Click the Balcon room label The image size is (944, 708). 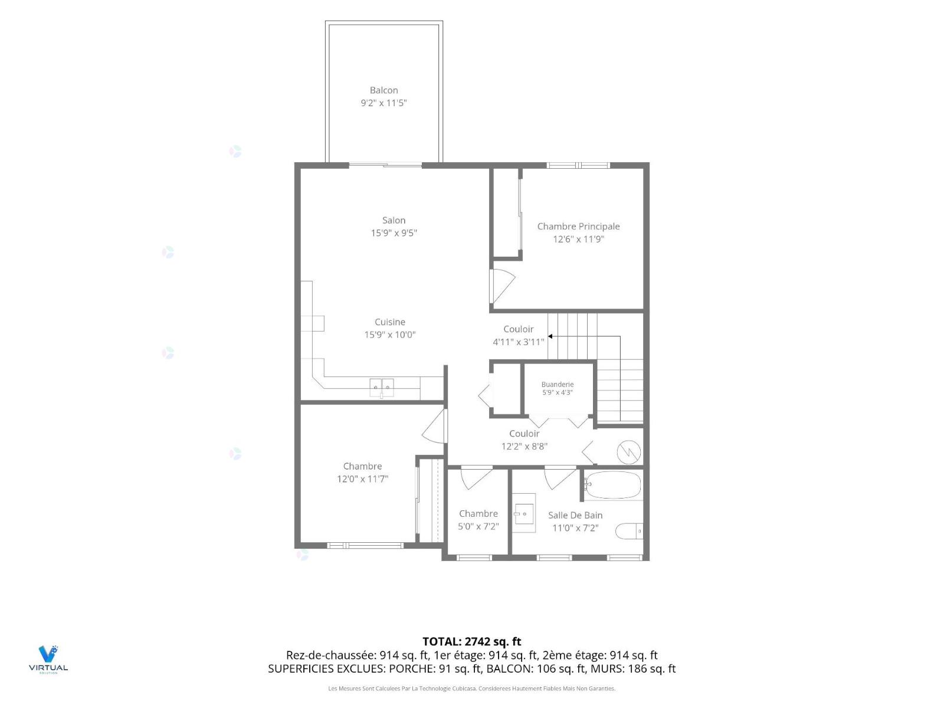pyautogui.click(x=383, y=90)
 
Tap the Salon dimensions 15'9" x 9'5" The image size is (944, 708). pyautogui.click(x=394, y=233)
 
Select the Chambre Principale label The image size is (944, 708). pyautogui.click(x=578, y=227)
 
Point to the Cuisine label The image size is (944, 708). pyautogui.click(x=389, y=322)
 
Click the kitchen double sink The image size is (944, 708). pyautogui.click(x=381, y=387)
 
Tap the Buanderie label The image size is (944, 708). pyautogui.click(x=557, y=384)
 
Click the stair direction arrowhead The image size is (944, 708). pyautogui.click(x=550, y=336)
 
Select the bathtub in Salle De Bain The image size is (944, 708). pyautogui.click(x=612, y=485)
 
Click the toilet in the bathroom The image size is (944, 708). pyautogui.click(x=629, y=532)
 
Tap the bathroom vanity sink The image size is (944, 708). pyautogui.click(x=523, y=513)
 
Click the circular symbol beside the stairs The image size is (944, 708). pyautogui.click(x=628, y=452)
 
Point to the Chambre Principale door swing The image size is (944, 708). pyautogui.click(x=502, y=286)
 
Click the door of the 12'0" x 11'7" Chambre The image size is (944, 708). pyautogui.click(x=435, y=426)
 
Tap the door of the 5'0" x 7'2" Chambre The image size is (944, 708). pyautogui.click(x=476, y=478)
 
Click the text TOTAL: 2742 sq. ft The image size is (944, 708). pyautogui.click(x=472, y=642)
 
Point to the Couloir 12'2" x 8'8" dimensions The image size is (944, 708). pyautogui.click(x=524, y=446)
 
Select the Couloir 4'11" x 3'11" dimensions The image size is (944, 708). pyautogui.click(x=518, y=342)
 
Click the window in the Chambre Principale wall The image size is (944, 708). pyautogui.click(x=578, y=165)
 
